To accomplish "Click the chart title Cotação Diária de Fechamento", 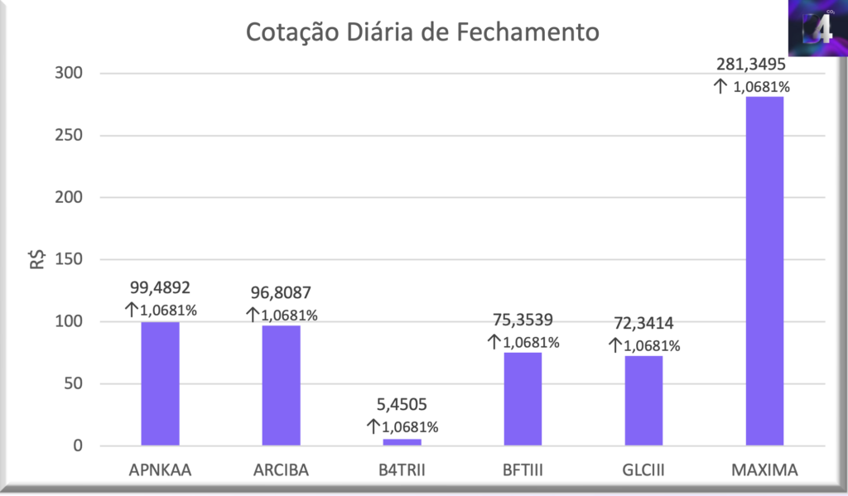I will click(x=422, y=33).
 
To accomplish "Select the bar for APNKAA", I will click(x=160, y=384).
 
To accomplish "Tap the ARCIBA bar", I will click(x=282, y=386).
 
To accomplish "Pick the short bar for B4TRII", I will click(x=402, y=442).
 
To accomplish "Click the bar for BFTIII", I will click(x=523, y=399).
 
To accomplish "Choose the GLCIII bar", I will click(x=643, y=401).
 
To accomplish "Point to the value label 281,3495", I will click(x=752, y=65).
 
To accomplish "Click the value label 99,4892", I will click(x=160, y=288).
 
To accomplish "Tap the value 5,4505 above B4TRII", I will click(x=402, y=407).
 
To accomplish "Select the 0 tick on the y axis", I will click(x=78, y=446).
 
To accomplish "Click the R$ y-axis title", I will click(x=37, y=260).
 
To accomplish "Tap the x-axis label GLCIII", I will click(x=643, y=471).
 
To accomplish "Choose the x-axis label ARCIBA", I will click(x=282, y=471).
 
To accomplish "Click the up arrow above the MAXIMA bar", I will click(x=720, y=85).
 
